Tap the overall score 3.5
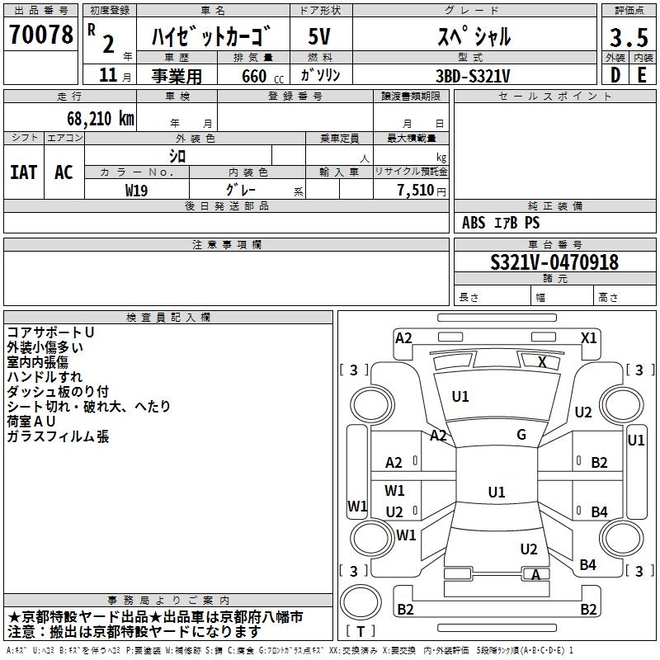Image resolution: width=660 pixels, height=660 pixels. pyautogui.click(x=627, y=38)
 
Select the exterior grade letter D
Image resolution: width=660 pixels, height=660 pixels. pyautogui.click(x=615, y=74)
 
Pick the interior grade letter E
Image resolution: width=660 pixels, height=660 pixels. pyautogui.click(x=642, y=74)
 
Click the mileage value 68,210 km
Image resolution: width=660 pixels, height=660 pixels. pyautogui.click(x=100, y=118)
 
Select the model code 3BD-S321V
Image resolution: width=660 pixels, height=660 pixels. pyautogui.click(x=473, y=75)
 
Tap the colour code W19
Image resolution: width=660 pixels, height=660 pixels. pyautogui.click(x=137, y=189)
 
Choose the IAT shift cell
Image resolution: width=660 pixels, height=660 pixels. pyautogui.click(x=23, y=172)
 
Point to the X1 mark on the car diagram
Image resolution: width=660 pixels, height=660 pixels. pyautogui.click(x=588, y=337)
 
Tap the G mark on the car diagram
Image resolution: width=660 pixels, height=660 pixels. pyautogui.click(x=521, y=435)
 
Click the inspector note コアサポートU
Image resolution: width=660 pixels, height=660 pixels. pyautogui.click(x=51, y=332)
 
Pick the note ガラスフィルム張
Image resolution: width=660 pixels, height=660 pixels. pyautogui.click(x=58, y=436)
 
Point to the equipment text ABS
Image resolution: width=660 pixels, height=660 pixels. pyautogui.click(x=474, y=223)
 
